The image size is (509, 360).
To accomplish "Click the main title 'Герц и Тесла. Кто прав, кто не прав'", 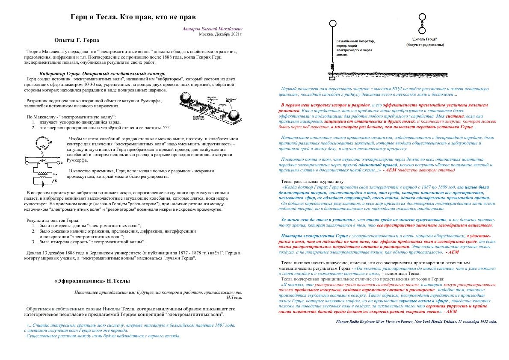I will click(133, 18).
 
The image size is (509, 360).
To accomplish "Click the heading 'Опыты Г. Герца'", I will click(77, 40).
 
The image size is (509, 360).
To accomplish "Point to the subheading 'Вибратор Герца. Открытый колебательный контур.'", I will click(102, 74).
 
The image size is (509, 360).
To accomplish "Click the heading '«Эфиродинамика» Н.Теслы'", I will click(92, 281).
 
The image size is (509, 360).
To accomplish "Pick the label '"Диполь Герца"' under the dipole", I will click(422, 39).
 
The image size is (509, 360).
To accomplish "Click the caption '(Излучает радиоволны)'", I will click(422, 44).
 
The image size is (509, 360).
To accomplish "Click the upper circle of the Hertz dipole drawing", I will click(422, 18).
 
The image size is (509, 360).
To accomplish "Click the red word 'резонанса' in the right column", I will click(289, 110).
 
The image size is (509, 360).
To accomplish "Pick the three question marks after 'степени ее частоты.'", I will click(166, 127).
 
